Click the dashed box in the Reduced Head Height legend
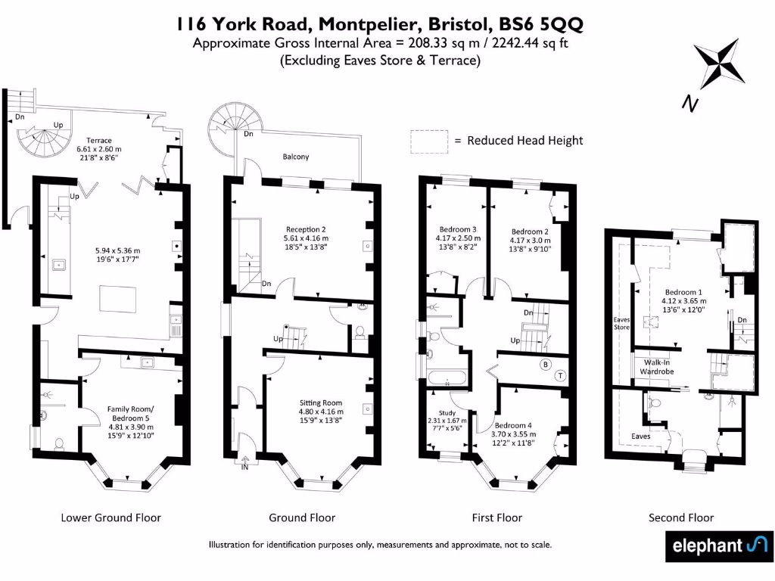point(428,141)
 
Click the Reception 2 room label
point(306,228)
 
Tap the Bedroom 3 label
point(458,229)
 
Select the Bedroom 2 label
point(530,231)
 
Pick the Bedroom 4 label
point(515,424)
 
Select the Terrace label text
point(99,141)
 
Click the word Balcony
point(296,157)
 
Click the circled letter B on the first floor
point(544,364)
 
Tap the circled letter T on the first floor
point(561,374)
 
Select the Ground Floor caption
point(302,517)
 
